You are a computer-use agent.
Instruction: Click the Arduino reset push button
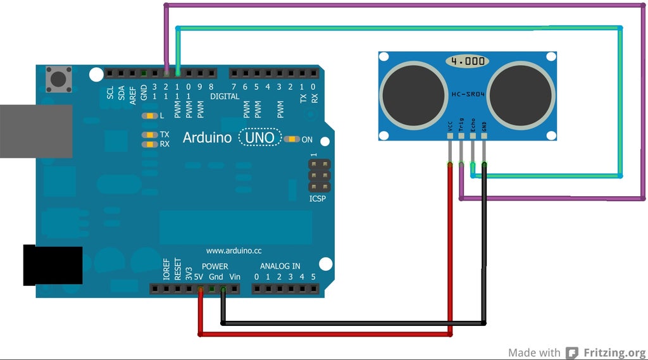[59, 79]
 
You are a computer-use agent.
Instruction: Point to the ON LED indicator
[292, 139]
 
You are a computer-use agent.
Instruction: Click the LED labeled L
[150, 116]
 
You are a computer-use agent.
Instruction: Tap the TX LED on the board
[150, 135]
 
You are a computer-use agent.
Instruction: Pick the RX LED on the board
[150, 144]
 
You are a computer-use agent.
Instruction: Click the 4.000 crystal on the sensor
[468, 61]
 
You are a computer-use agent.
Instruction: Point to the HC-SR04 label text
[468, 94]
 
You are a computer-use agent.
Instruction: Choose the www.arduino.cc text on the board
[234, 251]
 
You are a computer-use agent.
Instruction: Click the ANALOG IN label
[280, 266]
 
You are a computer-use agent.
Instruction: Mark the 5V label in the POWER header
[199, 277]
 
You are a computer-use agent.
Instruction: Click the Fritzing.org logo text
[614, 353]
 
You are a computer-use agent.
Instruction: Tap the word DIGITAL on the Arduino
[225, 97]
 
